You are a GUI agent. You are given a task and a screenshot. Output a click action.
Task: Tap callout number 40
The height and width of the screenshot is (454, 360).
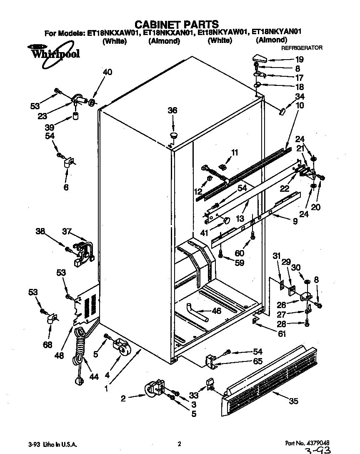click(107, 72)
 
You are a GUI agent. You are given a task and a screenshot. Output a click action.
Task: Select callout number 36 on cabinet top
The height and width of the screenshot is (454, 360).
click(172, 110)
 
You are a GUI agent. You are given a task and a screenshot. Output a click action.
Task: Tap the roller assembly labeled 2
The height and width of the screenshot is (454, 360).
click(153, 389)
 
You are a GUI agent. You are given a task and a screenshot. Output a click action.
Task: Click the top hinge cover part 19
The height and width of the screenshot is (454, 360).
click(260, 58)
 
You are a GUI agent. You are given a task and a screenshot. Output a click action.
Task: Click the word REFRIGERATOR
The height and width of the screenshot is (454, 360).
click(302, 48)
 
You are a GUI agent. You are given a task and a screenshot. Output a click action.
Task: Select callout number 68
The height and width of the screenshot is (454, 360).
click(48, 345)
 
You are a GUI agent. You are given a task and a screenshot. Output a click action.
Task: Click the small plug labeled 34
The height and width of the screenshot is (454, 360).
click(282, 111)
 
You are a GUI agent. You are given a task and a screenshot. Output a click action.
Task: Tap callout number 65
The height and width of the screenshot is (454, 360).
click(258, 361)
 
